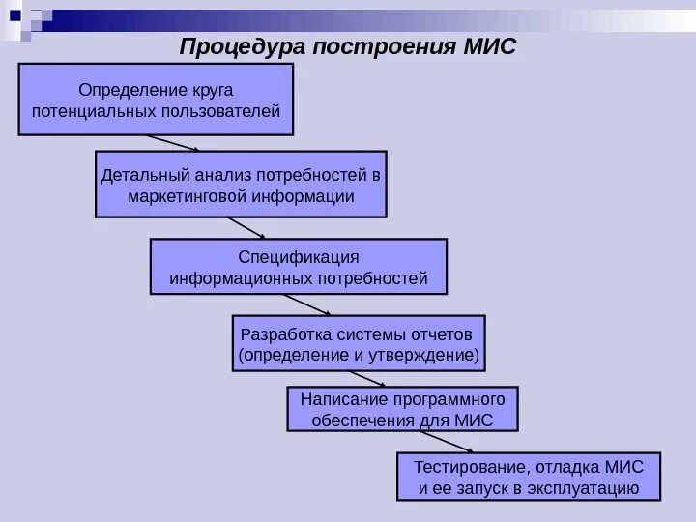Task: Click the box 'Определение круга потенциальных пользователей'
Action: tap(157, 100)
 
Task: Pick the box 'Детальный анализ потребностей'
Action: tap(241, 184)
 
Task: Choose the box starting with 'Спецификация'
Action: tap(299, 267)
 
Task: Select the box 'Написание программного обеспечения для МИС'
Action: tap(403, 409)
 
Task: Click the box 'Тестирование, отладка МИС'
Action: tap(529, 476)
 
